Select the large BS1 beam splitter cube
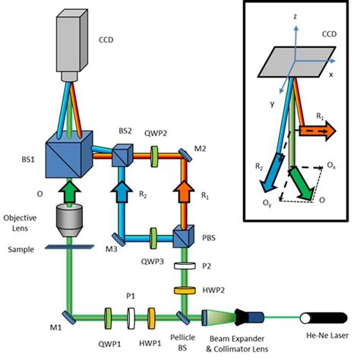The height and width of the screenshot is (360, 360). coord(69,154)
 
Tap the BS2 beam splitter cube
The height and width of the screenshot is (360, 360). coord(122,156)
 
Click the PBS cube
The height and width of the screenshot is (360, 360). coord(184,236)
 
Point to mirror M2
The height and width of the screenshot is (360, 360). coord(185,154)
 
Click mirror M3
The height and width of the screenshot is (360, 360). coord(118,239)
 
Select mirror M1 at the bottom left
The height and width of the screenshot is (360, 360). coord(69,317)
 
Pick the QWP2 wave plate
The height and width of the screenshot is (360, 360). coord(154,156)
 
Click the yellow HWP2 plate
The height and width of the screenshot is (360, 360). coord(185,290)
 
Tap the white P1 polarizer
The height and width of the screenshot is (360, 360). coord(131,318)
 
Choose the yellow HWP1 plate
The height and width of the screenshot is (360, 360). coord(151,318)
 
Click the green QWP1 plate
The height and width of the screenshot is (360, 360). coord(108,318)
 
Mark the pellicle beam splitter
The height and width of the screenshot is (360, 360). coord(183,317)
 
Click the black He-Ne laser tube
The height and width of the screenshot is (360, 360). coord(324,318)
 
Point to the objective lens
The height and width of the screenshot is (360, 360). coord(69,220)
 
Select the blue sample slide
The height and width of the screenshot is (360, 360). coord(70,247)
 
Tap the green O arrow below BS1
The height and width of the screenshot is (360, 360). coord(69,191)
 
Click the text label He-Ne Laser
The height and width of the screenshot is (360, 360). coord(327,336)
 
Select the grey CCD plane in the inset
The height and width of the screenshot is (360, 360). coord(296,62)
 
